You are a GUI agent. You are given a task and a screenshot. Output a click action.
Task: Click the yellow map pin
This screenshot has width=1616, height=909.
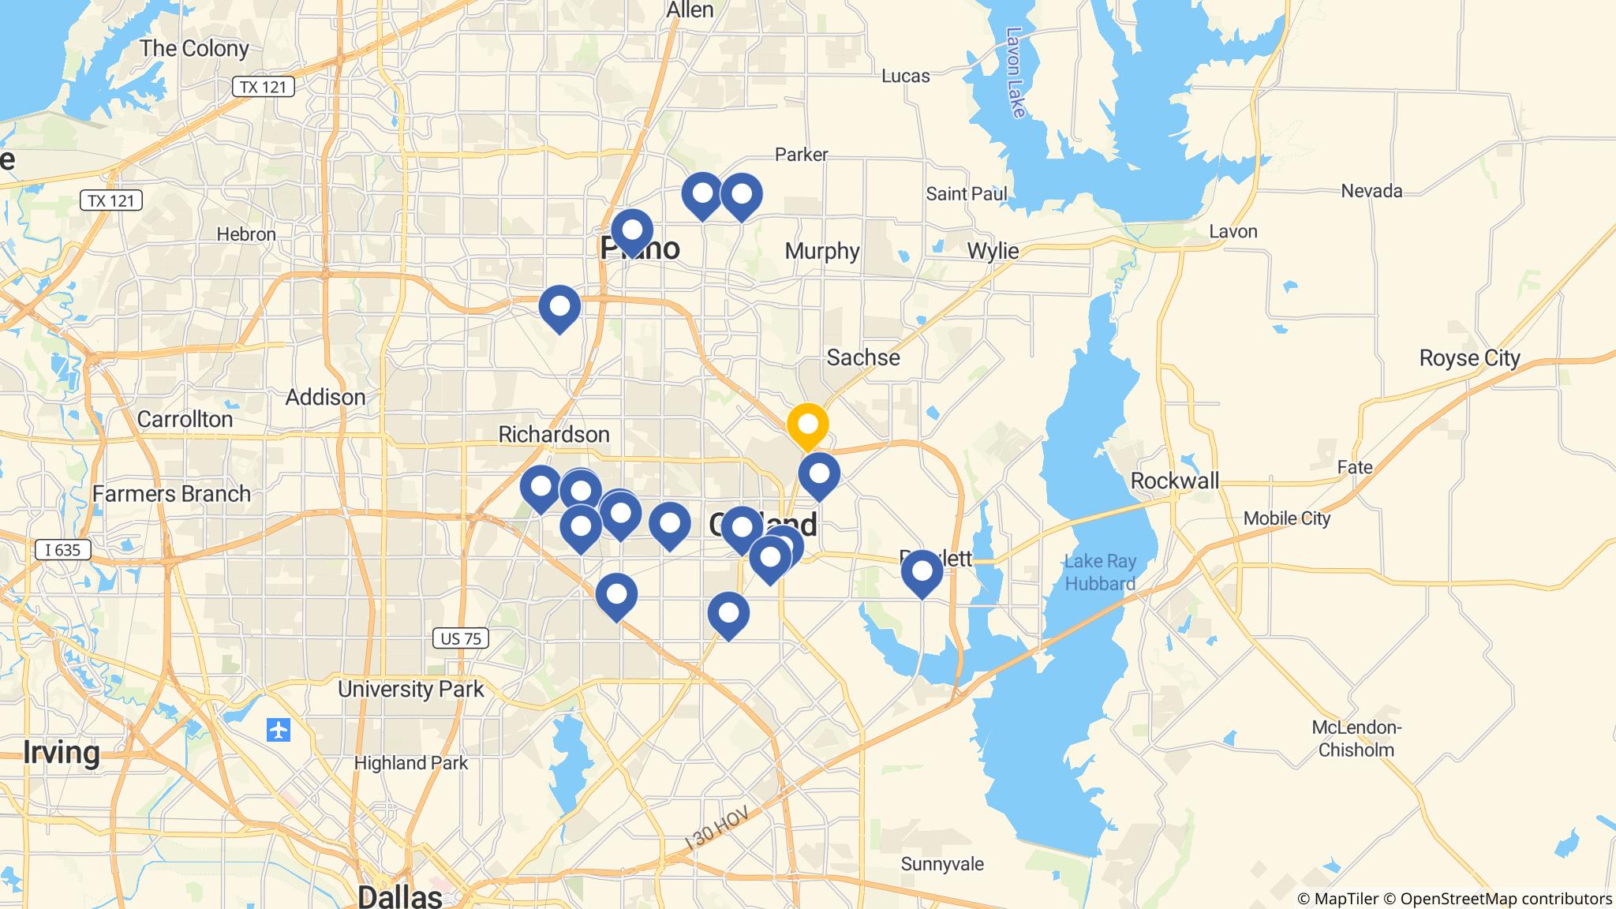pos(807,425)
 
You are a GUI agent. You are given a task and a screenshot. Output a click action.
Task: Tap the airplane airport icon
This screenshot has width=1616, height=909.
pos(279,730)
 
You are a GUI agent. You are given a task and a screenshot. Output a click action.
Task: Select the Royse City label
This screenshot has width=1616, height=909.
pos(1469,358)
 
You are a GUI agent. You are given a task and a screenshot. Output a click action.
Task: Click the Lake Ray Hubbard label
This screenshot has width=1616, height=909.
pos(1100,573)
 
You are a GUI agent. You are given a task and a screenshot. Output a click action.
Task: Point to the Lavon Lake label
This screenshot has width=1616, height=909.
pos(1016,73)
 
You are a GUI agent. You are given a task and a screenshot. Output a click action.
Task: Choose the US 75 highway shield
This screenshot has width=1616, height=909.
pos(461,638)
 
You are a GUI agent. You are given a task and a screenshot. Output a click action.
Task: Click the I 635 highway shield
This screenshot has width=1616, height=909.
pos(63,550)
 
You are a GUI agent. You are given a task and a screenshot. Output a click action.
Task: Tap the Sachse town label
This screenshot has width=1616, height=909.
pos(862,357)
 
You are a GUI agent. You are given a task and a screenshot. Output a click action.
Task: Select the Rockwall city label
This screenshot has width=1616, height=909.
pos(1174,481)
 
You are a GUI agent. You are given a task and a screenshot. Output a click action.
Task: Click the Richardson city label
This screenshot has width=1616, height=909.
pos(554,434)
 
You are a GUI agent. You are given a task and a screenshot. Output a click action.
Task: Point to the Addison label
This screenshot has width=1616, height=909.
pos(325,397)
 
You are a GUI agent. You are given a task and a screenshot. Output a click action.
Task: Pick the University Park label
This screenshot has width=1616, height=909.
pos(411,689)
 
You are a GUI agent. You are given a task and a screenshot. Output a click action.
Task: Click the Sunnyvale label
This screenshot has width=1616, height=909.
pos(942,864)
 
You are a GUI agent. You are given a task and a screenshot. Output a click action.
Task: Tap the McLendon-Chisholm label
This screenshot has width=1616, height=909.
pos(1356,739)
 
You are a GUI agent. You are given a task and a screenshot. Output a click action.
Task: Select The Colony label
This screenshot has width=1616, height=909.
pos(194,48)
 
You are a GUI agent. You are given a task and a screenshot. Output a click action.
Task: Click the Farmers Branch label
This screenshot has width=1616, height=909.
pos(171,494)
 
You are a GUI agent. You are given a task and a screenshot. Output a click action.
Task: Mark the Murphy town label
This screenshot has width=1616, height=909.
pos(821,251)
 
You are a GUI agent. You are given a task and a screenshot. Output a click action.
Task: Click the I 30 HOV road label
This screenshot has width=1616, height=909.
pos(717,829)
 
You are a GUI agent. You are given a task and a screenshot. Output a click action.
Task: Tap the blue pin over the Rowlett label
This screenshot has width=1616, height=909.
pos(922,571)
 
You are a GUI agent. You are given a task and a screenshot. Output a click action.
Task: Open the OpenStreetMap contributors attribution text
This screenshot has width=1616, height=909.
pos(1506,899)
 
